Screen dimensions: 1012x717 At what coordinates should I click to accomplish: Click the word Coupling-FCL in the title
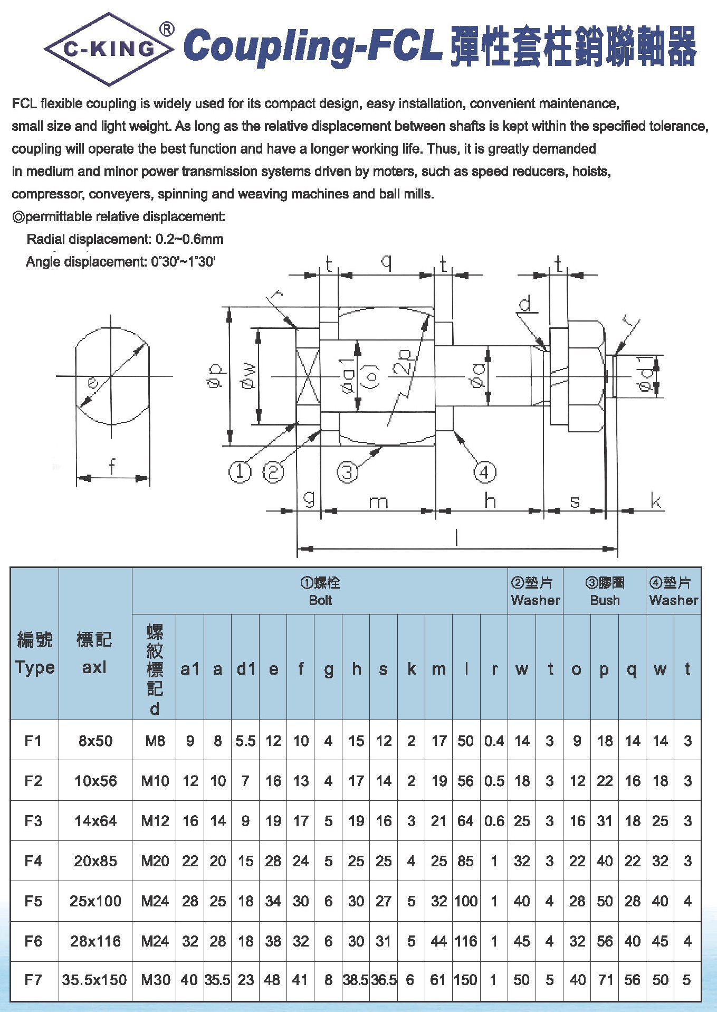pos(313,46)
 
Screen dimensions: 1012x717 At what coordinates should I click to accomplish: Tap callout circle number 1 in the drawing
pos(240,471)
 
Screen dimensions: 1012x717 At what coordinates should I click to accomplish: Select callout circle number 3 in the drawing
pos(347,472)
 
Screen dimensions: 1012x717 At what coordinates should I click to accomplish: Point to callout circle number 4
pos(484,472)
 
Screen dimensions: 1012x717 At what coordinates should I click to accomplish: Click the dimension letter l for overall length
pos(457,538)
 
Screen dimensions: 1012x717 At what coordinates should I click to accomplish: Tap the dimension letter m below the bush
pos(378,502)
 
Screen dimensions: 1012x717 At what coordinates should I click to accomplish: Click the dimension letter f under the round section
pos(112,467)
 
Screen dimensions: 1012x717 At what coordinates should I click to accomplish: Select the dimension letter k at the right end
pos(656,501)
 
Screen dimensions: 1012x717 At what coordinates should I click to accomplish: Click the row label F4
pos(33,861)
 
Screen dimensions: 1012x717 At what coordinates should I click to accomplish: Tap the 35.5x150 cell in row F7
pos(94,980)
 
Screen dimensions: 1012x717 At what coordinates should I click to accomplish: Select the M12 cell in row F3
pos(155,821)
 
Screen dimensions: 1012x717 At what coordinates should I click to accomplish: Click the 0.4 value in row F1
pos(494,741)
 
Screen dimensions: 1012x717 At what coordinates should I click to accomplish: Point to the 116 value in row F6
pos(466,941)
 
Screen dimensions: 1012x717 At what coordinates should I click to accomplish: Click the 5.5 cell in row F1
pos(245,741)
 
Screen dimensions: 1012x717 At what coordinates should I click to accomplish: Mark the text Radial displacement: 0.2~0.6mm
pos(125,239)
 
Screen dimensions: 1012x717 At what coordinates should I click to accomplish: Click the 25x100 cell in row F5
pos(95,901)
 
